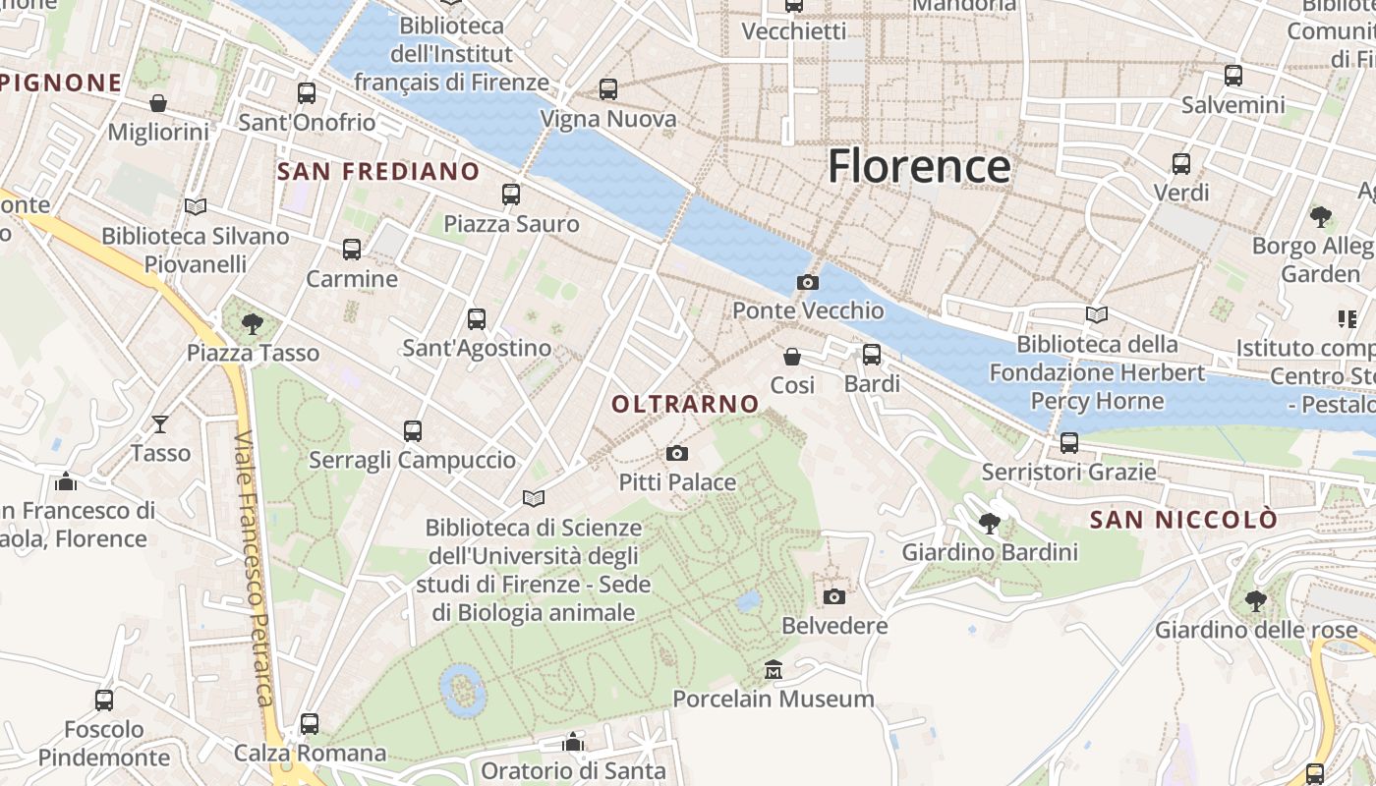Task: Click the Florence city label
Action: click(918, 166)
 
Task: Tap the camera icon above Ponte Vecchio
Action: click(807, 283)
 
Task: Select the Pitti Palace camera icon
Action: click(677, 453)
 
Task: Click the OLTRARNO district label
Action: click(685, 404)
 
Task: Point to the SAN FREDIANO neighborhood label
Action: click(378, 172)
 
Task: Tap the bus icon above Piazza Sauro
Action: click(511, 195)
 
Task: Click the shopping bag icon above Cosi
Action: click(792, 357)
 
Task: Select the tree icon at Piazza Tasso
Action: click(253, 323)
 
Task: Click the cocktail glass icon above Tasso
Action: click(160, 424)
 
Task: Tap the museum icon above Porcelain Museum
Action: click(774, 670)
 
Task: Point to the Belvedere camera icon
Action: click(834, 596)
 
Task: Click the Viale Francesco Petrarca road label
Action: click(253, 570)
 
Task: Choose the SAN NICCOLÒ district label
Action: click(1184, 519)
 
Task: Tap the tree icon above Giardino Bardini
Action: click(990, 523)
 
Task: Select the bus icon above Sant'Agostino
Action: click(477, 319)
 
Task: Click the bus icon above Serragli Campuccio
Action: click(413, 430)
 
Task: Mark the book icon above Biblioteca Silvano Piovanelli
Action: click(196, 206)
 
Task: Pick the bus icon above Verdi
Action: click(1181, 163)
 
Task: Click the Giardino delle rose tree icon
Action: click(1255, 600)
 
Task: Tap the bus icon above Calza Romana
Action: click(310, 724)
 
